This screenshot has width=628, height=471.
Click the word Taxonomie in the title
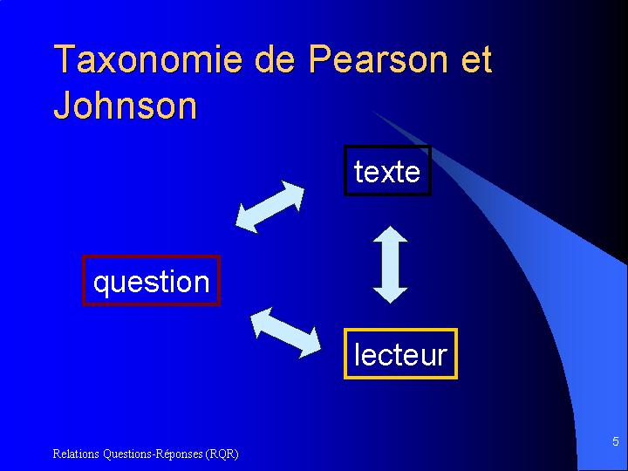click(148, 59)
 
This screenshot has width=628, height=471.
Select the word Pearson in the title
click(378, 59)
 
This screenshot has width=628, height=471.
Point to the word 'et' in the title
click(476, 60)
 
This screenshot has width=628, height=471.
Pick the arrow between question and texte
click(270, 207)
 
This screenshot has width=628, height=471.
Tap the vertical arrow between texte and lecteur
click(390, 264)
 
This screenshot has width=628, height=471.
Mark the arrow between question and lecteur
click(285, 332)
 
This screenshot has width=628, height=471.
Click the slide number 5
click(616, 441)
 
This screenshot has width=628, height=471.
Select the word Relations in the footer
click(76, 454)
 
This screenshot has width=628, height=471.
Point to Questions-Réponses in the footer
click(153, 454)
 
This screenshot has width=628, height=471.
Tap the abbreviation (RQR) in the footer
click(222, 454)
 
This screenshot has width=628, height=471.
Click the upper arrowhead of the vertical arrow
click(390, 235)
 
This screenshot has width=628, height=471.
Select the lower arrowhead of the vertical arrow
click(390, 295)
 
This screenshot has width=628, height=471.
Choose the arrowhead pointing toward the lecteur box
click(309, 344)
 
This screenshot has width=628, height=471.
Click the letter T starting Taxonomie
click(65, 59)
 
